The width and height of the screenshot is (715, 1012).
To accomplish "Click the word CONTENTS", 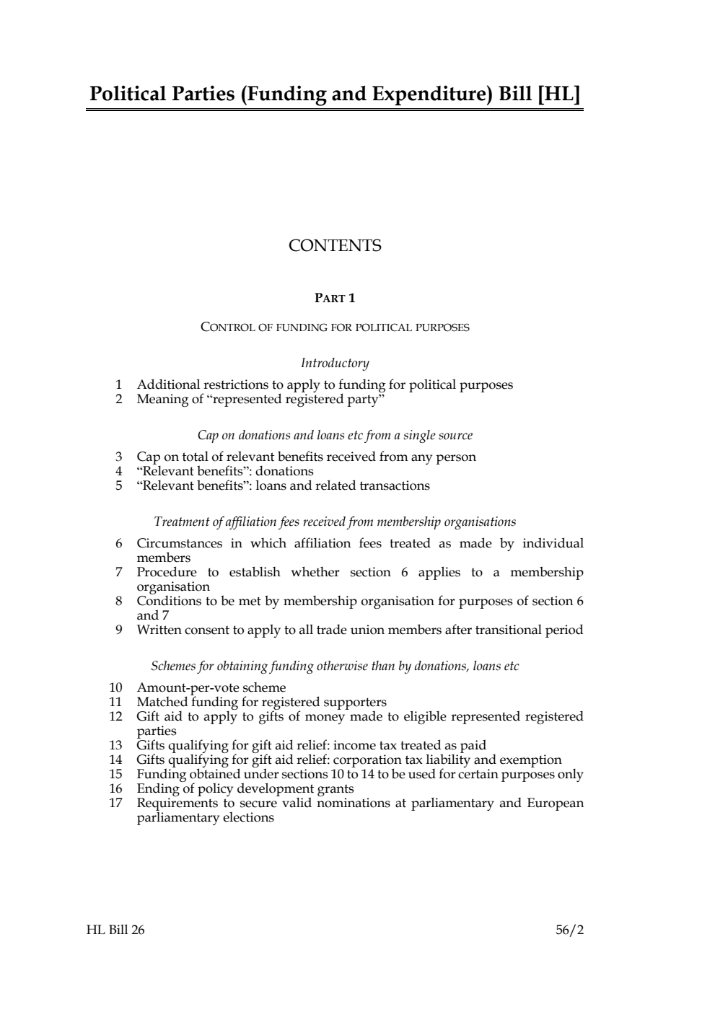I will point(335,246).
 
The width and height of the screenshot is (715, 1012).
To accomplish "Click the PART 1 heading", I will point(335,298).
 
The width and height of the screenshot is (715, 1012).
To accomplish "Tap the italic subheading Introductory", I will point(335,364).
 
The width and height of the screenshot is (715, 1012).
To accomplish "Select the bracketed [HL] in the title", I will point(559,94).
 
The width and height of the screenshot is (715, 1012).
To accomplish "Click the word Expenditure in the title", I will point(430,94).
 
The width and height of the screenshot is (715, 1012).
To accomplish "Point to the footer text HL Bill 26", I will point(115,930).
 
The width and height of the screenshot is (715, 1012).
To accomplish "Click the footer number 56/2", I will point(569,930).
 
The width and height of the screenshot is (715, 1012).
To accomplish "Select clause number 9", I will point(119,630).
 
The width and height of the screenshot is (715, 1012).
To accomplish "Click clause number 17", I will point(115,804).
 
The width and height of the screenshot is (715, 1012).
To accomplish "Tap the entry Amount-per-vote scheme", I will point(211,688).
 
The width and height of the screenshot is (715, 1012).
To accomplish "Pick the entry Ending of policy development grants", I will point(245,789).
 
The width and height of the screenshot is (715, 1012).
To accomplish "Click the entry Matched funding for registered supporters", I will point(262,703).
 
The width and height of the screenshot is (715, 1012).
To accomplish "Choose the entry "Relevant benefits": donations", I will point(225,472).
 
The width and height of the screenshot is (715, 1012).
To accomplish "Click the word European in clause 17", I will point(555,804).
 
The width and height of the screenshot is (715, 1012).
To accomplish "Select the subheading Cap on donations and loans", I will point(335,436).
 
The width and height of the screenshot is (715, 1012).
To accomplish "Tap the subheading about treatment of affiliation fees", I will point(335,522).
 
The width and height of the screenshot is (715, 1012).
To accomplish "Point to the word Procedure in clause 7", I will point(167,573).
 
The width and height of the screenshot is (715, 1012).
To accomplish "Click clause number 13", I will point(115,746).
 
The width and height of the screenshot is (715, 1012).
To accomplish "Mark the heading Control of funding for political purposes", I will point(335,327).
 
